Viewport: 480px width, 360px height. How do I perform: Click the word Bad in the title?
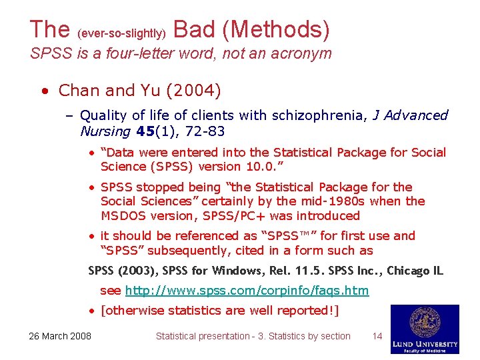pos(194,29)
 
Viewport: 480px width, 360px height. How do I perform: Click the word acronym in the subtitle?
pos(301,53)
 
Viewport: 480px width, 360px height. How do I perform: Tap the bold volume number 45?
pos(148,131)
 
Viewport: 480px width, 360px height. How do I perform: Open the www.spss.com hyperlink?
pos(247,291)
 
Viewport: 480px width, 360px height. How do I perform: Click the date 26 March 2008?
pos(60,336)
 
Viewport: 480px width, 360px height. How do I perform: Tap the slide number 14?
pos(377,336)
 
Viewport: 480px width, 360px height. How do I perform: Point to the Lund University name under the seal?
pos(425,343)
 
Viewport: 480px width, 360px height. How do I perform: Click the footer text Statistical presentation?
pos(202,336)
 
